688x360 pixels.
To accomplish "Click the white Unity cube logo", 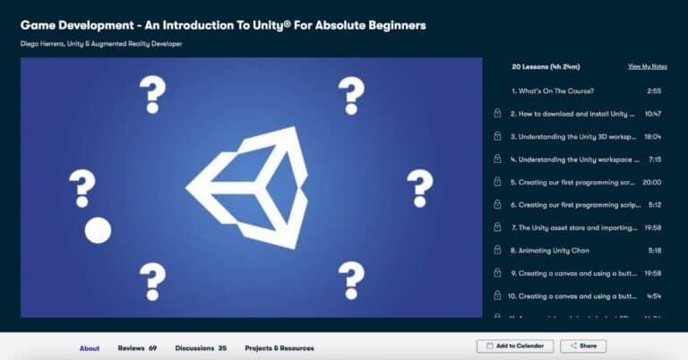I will [x=254, y=187].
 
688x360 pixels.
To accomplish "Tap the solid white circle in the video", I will [x=98, y=230].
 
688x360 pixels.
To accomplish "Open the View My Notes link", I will [x=647, y=67].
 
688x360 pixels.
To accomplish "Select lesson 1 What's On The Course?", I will [x=553, y=91].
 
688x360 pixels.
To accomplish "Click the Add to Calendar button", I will [x=514, y=346].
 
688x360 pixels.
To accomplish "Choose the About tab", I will [x=90, y=347].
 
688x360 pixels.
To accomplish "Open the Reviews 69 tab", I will [x=137, y=347].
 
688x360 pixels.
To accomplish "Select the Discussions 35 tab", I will [x=201, y=347].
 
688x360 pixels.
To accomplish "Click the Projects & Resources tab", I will [x=279, y=347].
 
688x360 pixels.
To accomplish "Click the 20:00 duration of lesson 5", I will [x=651, y=182].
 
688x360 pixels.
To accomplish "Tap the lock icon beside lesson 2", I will [x=497, y=115].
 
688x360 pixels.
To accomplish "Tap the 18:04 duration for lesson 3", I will [x=651, y=137].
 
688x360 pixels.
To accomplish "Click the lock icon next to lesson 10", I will [x=497, y=296].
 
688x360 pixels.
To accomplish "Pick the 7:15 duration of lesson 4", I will [x=653, y=159].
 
